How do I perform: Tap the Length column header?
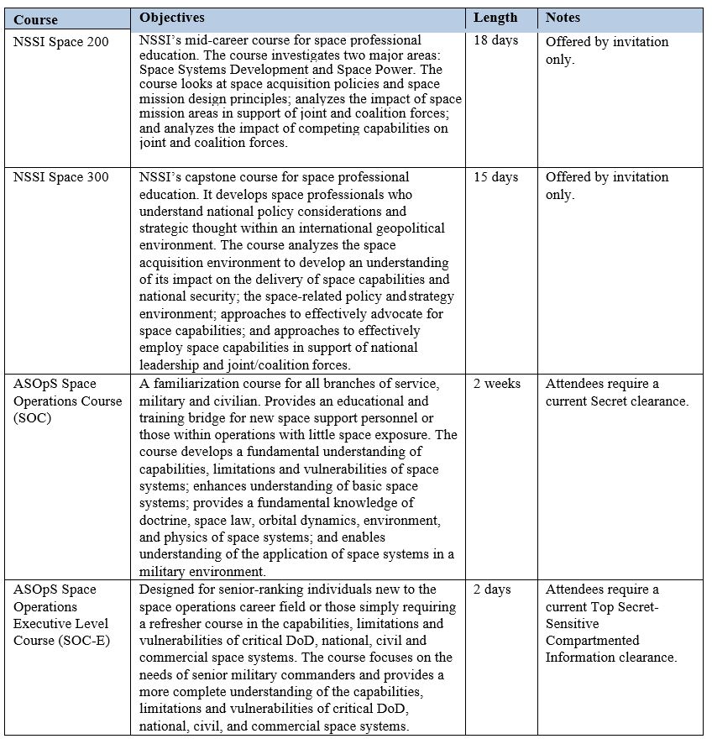(495, 18)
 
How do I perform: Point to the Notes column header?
(563, 18)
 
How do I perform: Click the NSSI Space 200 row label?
(60, 43)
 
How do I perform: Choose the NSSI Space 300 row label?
(60, 178)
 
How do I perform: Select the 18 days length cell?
(496, 40)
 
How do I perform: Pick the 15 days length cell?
(496, 177)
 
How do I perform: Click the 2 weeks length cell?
(497, 384)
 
